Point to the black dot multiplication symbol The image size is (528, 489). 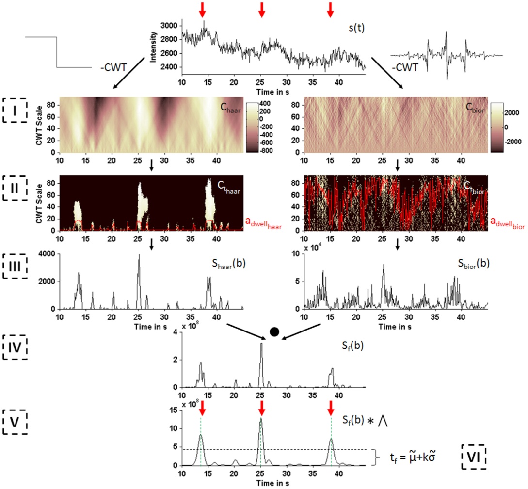coord(274,332)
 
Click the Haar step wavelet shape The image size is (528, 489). coord(57,52)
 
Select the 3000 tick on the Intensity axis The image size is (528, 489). coord(171,26)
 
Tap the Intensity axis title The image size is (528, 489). coord(153,47)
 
